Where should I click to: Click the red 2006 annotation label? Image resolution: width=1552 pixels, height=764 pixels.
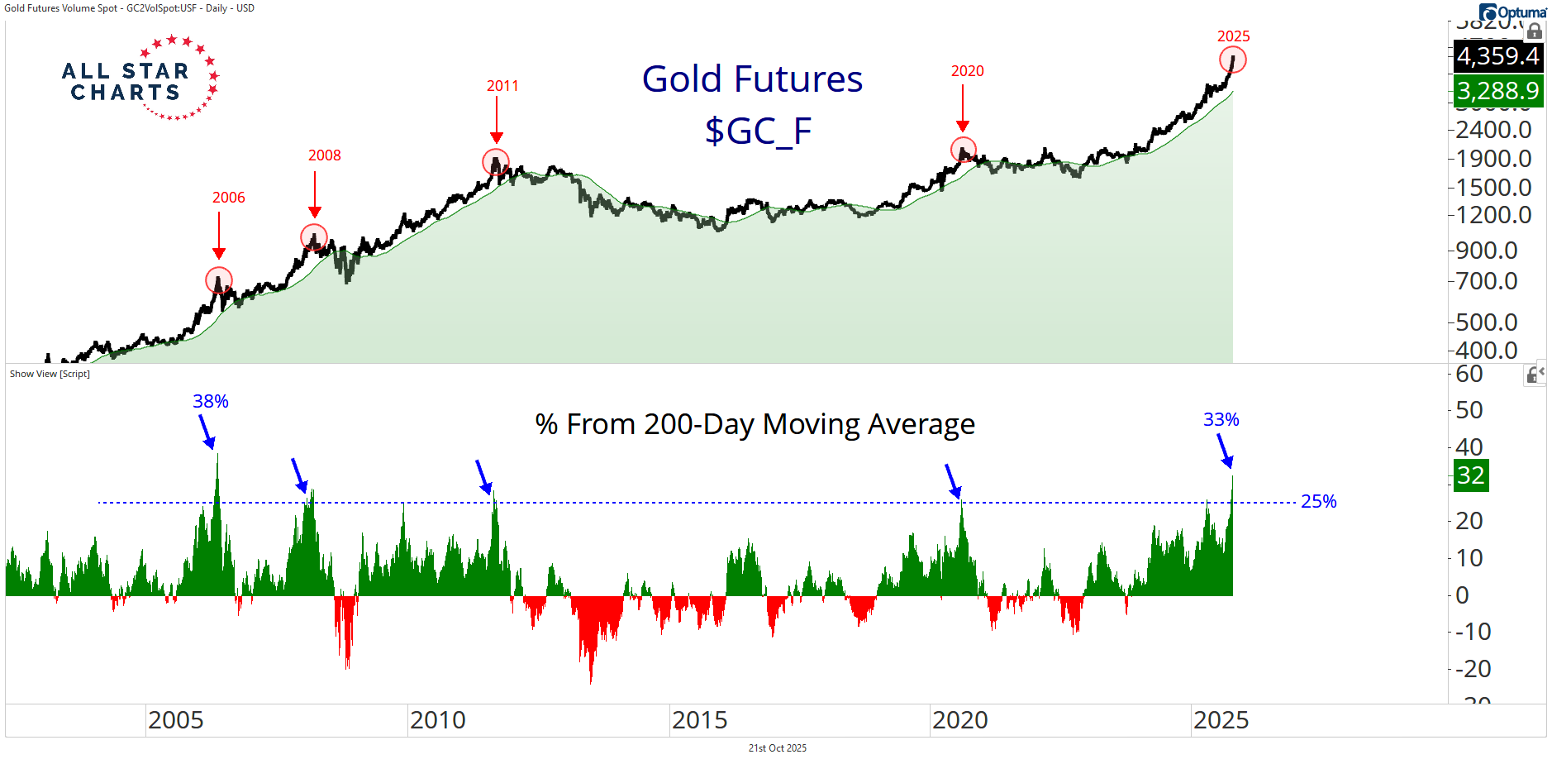(229, 198)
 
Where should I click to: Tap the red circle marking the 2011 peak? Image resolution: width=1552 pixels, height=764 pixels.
(496, 162)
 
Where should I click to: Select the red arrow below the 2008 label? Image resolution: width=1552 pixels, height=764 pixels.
(315, 194)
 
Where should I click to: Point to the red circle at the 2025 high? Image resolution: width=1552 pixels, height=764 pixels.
(1232, 60)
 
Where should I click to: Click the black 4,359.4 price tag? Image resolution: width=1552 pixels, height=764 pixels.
(1497, 56)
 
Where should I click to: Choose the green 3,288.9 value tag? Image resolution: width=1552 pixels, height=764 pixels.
(1497, 90)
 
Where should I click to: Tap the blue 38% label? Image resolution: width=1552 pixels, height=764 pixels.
(211, 401)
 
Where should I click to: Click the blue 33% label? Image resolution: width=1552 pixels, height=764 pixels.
(1221, 419)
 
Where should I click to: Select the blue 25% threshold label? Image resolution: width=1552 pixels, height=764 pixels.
(1318, 501)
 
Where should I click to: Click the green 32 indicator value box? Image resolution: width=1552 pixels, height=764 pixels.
(1471, 475)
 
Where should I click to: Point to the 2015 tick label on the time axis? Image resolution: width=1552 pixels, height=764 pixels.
(700, 720)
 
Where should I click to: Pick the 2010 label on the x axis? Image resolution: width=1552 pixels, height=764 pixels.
(438, 720)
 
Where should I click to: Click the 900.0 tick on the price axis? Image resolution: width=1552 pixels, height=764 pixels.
(1487, 250)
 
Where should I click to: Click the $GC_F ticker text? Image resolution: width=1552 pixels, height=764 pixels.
(758, 131)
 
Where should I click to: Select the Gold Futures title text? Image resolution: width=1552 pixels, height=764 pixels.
(752, 79)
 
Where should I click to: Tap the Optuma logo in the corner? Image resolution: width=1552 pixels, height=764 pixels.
(1513, 12)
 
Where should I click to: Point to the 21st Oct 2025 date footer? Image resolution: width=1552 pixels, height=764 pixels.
(777, 748)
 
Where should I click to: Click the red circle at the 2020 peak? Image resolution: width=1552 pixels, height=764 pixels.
(963, 150)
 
